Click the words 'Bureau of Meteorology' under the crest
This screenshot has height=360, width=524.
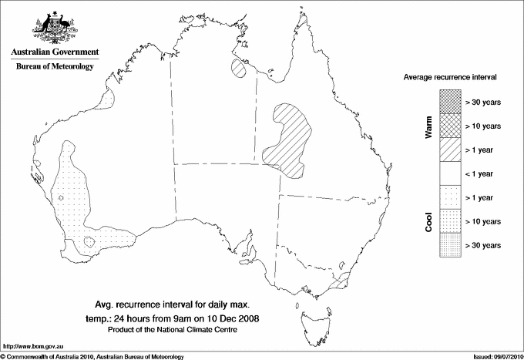54,66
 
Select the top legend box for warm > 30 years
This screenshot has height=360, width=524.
449,102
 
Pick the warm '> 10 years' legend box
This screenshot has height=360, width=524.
449,126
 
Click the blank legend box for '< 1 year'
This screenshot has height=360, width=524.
449,173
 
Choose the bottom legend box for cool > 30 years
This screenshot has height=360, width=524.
449,245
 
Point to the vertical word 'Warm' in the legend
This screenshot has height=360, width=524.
429,127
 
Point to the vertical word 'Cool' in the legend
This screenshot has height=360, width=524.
429,221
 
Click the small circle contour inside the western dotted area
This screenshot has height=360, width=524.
61,198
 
